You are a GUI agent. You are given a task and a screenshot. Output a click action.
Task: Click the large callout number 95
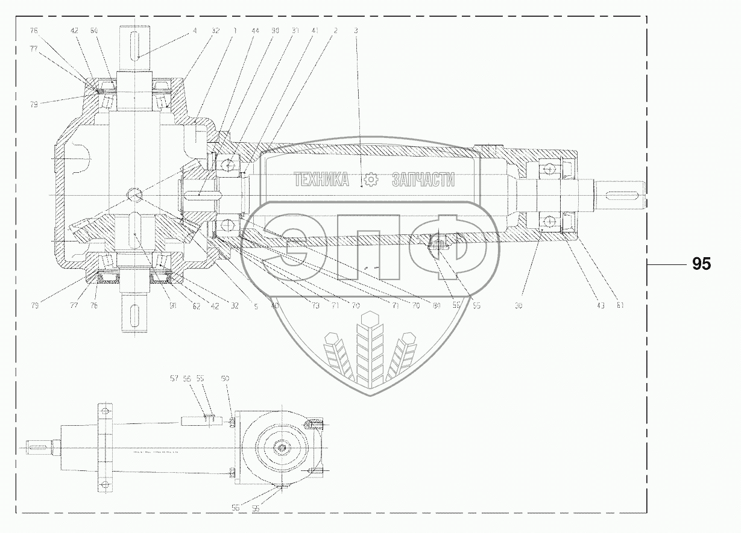coord(701,264)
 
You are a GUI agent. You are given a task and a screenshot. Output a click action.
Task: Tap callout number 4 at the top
coord(195,30)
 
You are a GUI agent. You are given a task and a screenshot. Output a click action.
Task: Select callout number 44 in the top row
coord(257,30)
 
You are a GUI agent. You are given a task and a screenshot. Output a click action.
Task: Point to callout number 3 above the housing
coord(356,30)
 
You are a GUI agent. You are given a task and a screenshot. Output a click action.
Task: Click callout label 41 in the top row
coord(315,30)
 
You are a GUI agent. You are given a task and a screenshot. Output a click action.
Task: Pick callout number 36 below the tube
coord(518,305)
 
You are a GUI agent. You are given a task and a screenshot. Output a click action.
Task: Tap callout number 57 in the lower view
coord(174,379)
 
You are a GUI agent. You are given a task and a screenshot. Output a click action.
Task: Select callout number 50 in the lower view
coord(225,379)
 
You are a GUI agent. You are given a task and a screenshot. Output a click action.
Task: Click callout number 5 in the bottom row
coord(256,306)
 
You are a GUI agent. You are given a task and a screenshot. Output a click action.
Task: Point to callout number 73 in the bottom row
coord(315,306)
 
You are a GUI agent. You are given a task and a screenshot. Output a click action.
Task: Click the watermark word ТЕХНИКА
coord(321,179)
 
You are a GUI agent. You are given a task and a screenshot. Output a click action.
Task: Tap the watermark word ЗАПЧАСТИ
coord(423,179)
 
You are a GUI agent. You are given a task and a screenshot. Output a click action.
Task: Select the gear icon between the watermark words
coord(370,179)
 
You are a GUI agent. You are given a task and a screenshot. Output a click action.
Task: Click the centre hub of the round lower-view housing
coord(282,447)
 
